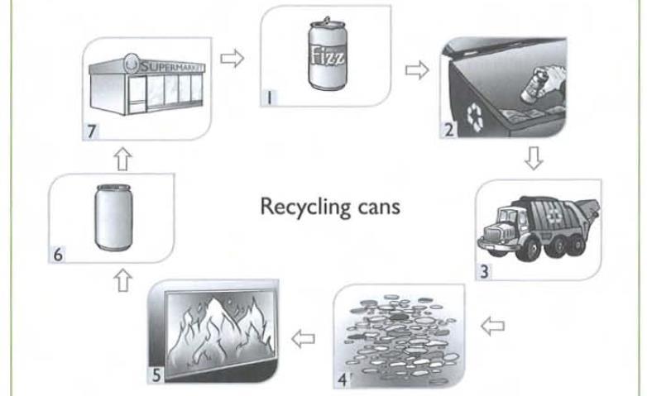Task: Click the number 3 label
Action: coord(486,270)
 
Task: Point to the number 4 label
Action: coord(342,379)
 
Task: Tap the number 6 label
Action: coord(58,255)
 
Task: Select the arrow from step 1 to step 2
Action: coord(416,70)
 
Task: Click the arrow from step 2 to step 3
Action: coord(534,160)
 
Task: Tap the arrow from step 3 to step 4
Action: coord(492,326)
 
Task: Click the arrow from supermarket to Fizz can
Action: coord(235,60)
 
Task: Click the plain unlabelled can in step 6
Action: coord(111,217)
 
